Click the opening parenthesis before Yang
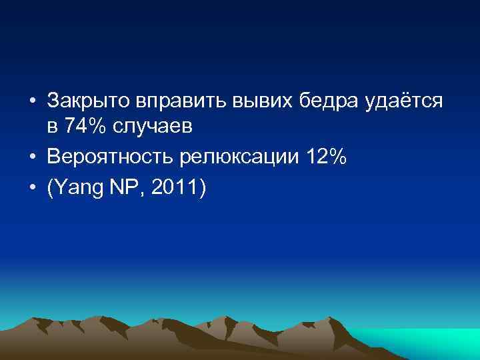click(49, 189)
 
